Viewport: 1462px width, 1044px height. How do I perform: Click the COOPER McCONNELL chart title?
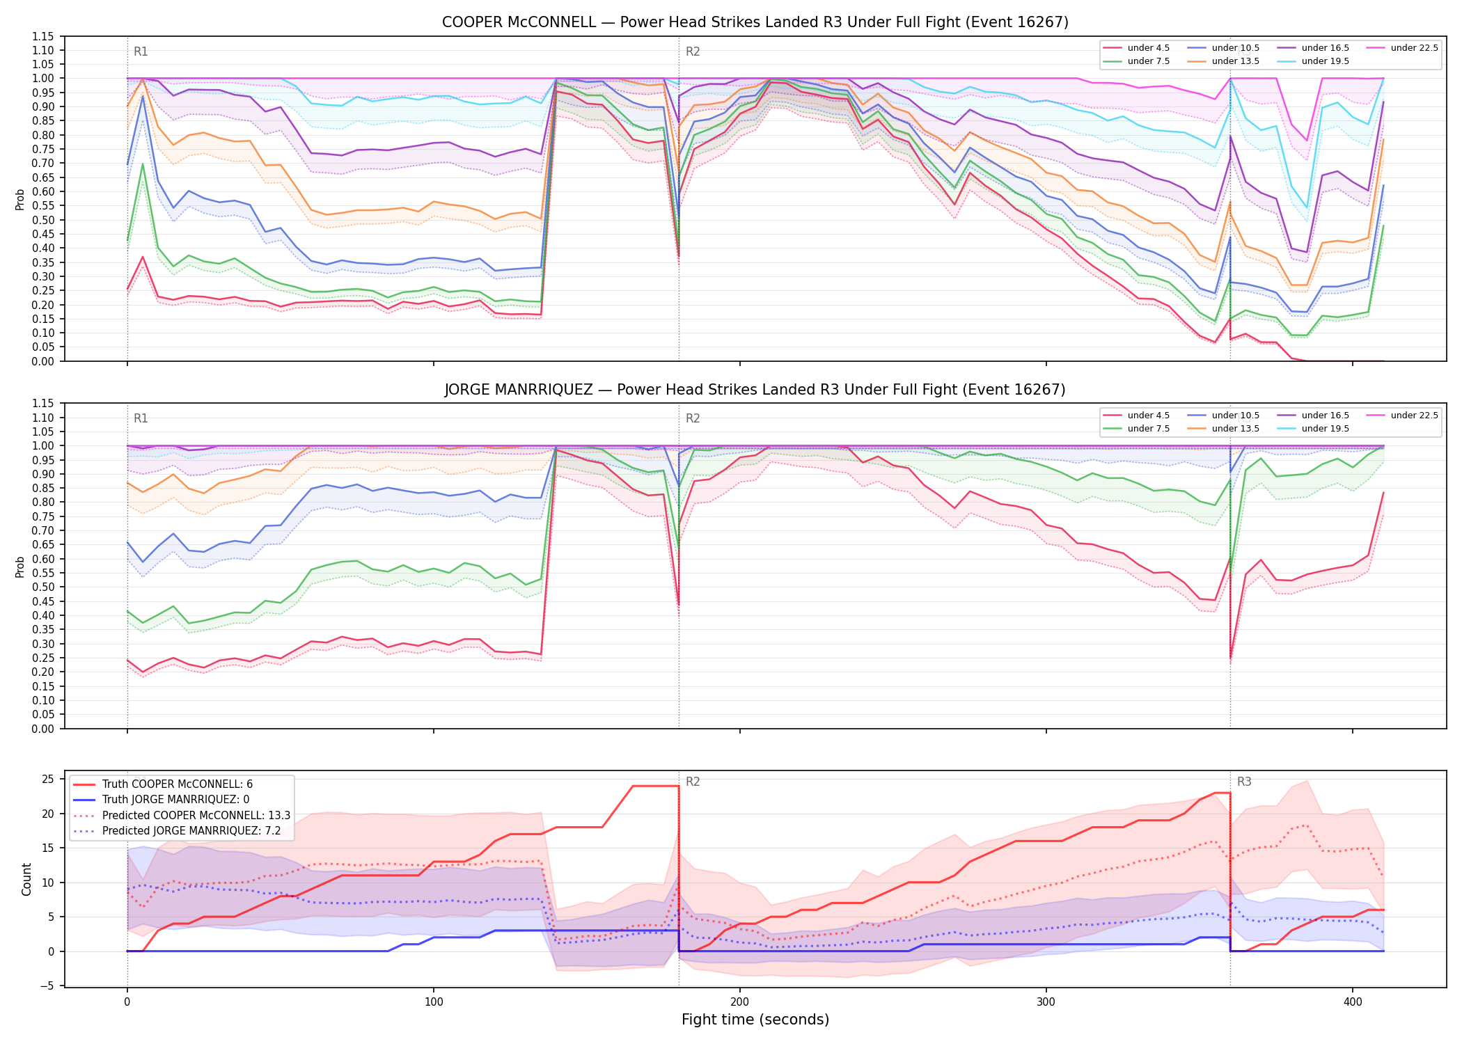(x=755, y=22)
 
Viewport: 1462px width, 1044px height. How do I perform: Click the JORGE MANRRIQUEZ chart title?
(x=755, y=390)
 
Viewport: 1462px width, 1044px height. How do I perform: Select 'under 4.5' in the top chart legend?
(x=1149, y=48)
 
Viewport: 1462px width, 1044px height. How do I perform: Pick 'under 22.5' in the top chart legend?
(x=1414, y=48)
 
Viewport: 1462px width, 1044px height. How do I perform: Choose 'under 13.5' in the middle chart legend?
(x=1236, y=429)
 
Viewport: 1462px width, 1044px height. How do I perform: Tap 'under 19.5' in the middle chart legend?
(x=1326, y=429)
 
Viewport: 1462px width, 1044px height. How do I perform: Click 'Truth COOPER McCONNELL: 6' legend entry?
(x=178, y=784)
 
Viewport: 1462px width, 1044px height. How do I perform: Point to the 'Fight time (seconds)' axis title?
(x=755, y=1020)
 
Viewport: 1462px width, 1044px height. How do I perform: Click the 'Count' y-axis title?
(x=26, y=879)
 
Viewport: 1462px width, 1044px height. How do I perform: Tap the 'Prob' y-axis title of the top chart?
(x=20, y=199)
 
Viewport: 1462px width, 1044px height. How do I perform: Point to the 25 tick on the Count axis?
(x=48, y=780)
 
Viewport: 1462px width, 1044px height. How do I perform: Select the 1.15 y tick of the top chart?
(x=43, y=36)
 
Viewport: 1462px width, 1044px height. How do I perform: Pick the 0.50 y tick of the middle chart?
(x=43, y=587)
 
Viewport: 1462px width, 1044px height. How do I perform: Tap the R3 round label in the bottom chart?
(x=1244, y=782)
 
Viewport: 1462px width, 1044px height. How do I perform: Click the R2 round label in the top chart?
(x=693, y=52)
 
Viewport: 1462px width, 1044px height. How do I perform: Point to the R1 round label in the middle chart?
(x=141, y=418)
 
